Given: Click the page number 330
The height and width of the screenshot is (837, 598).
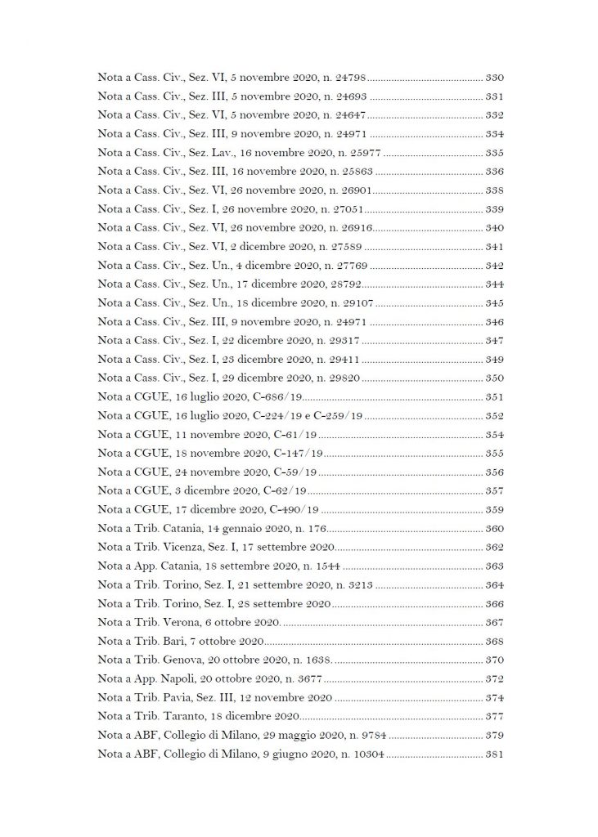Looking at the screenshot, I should coord(494,78).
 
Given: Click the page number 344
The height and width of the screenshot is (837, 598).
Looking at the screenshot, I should coord(494,284).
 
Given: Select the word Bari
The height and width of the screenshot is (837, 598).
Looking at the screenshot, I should coord(175,641).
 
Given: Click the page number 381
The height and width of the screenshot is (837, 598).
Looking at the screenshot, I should coord(494,754).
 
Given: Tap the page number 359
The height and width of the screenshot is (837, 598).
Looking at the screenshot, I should coord(494,510).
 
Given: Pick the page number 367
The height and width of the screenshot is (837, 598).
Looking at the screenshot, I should coord(494,622).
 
